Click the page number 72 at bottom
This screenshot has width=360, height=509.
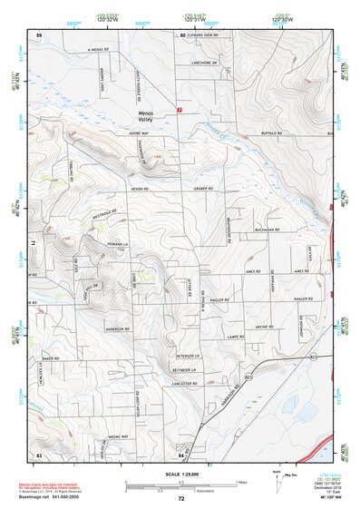coord(181,499)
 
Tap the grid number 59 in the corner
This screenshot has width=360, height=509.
coord(39,34)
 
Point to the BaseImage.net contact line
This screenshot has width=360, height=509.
coord(54,499)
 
